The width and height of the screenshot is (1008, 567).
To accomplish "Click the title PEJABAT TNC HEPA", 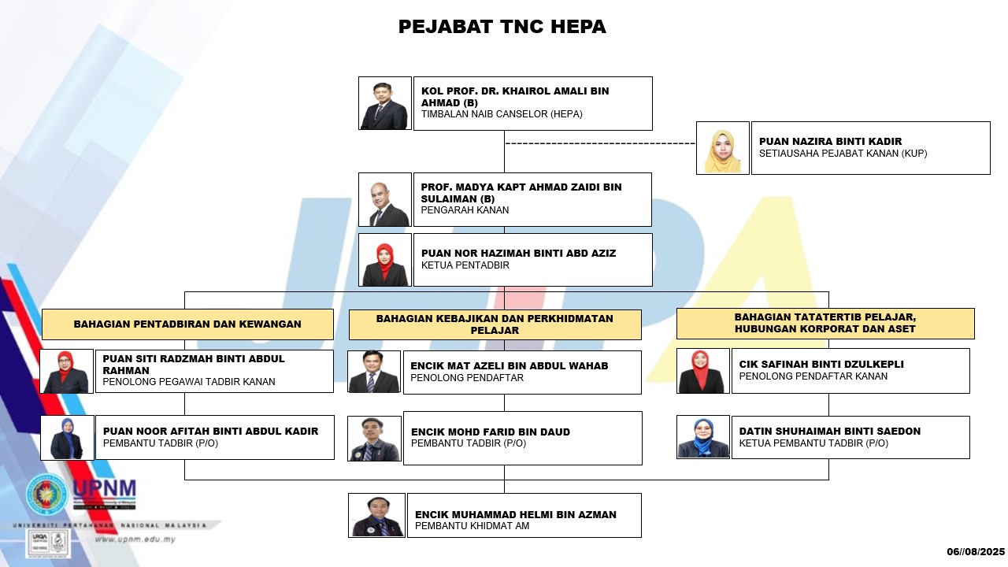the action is coord(502,27).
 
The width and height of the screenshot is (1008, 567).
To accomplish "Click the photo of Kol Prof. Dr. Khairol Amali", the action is coord(385,103).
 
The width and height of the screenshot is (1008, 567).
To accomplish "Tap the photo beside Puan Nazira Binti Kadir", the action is coord(723,147).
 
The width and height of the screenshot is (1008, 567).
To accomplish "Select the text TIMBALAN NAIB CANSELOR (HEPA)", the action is coord(502,114).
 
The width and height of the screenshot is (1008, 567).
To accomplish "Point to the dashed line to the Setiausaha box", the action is coord(600,143).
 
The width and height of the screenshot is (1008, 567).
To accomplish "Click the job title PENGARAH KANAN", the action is coord(465,210).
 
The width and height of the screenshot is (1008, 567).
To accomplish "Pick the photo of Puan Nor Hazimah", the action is coord(385,260).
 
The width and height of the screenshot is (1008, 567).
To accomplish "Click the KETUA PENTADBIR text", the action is coord(465,265).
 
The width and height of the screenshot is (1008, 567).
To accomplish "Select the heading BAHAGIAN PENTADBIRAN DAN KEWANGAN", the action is coord(187,324).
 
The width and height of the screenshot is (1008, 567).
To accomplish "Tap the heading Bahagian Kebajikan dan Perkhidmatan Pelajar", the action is coord(495,324).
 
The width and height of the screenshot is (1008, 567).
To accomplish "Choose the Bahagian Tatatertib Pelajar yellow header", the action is coord(825,323).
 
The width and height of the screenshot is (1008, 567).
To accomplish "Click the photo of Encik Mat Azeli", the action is coord(374,372).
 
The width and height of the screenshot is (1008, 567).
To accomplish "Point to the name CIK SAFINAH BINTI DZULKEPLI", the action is coord(821,365).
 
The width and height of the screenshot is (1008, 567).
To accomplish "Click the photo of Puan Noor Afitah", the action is coord(67,438).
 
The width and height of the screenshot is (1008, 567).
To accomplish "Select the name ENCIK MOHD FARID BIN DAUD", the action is coord(491,432).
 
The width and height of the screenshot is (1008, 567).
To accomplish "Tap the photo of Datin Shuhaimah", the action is coord(703,437).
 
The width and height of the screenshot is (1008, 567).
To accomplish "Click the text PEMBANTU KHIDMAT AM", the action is coord(472,526).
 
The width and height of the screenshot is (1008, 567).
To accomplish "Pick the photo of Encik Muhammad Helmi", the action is coord(376,515).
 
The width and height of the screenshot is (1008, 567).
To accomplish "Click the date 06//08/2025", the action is coord(976,552).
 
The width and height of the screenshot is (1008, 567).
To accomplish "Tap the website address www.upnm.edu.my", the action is coord(135,539).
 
